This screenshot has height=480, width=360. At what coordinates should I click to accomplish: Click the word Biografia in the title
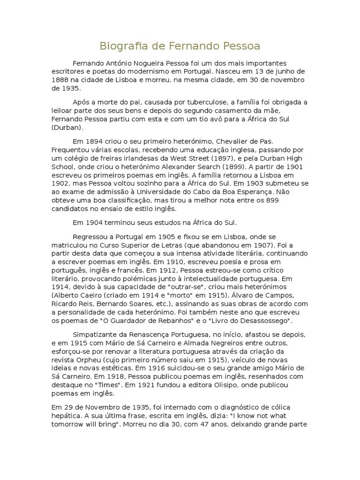120,46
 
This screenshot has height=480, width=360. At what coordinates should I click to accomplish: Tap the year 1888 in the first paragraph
61,80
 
